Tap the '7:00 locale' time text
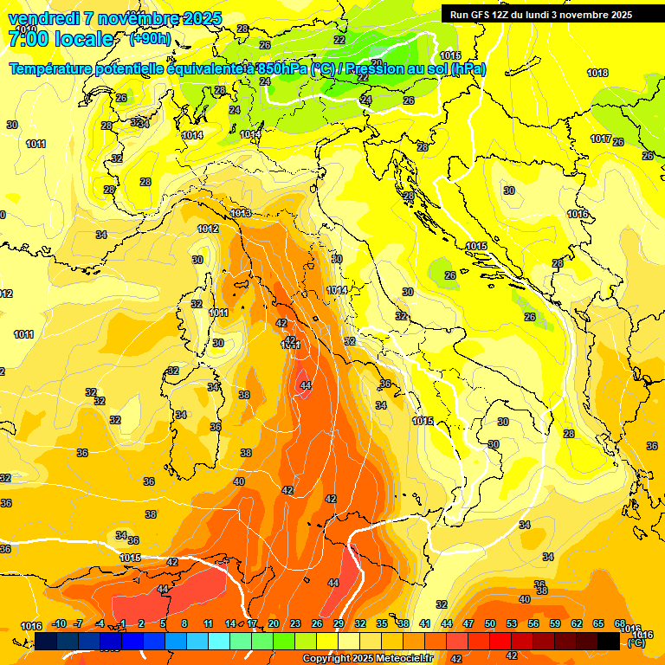point(61,39)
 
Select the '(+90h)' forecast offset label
point(150,39)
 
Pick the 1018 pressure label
point(597,74)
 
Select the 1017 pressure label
point(601,139)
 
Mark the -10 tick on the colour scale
point(59,623)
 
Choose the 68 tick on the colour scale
point(620,623)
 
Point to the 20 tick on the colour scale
point(274,623)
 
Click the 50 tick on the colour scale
point(490,623)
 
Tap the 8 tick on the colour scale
point(184,623)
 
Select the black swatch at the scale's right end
point(609,641)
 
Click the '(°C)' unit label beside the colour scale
point(637,642)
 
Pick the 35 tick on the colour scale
point(382,623)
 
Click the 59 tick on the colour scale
point(555,623)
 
